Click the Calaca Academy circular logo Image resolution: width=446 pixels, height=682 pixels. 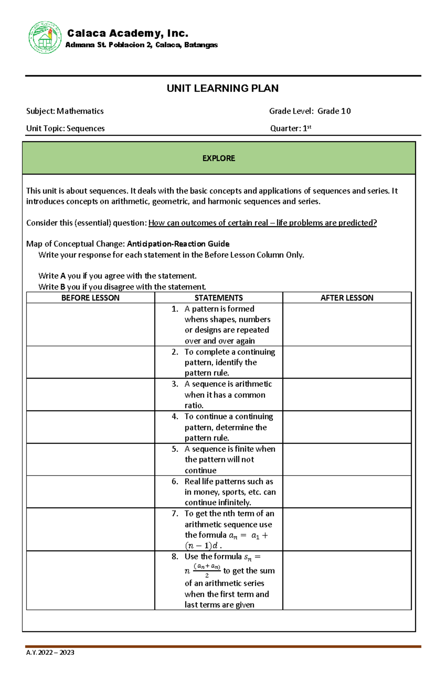[45, 37]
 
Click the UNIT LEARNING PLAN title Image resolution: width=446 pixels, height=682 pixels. [222, 88]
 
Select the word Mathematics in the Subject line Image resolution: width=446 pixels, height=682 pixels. [80, 111]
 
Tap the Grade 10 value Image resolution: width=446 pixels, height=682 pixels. [334, 111]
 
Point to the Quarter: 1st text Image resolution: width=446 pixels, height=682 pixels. [290, 129]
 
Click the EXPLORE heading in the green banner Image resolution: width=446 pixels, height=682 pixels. [219, 158]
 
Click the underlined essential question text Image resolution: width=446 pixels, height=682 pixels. [262, 223]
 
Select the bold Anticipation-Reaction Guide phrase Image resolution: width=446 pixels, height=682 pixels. [178, 244]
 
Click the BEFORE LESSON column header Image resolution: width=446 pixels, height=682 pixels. [90, 298]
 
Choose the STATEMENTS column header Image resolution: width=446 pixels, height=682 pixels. [219, 298]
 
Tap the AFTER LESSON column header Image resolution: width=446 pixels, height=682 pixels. [347, 298]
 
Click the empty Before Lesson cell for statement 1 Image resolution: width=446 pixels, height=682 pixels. [90, 324]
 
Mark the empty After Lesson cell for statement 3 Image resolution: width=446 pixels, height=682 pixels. [347, 394]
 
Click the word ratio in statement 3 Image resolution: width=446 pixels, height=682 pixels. [194, 405]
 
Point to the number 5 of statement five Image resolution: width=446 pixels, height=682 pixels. [175, 449]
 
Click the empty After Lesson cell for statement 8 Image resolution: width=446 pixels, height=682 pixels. [347, 580]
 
